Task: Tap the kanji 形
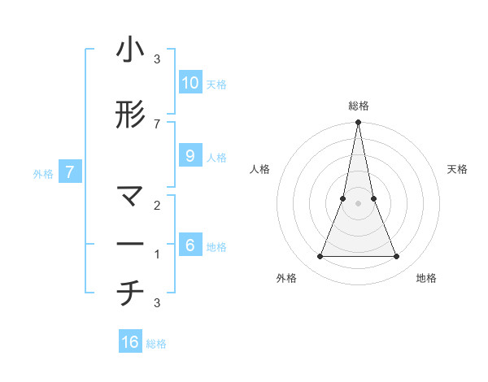click(x=130, y=115)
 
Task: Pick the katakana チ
click(x=130, y=293)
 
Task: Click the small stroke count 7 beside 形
click(x=157, y=124)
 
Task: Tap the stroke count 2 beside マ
click(x=157, y=205)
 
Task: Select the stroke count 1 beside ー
click(x=157, y=254)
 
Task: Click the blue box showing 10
click(x=190, y=82)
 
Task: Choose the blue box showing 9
click(x=190, y=155)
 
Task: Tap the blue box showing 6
click(x=190, y=245)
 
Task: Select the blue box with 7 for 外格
click(x=70, y=171)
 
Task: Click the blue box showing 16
click(x=130, y=342)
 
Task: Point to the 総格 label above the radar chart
click(x=358, y=106)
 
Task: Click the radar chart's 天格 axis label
click(x=457, y=169)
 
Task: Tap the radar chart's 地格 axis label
click(x=426, y=278)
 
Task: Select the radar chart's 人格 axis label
click(x=260, y=169)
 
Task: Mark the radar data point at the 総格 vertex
click(x=358, y=123)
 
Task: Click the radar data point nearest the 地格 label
click(x=396, y=257)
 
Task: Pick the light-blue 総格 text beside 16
click(x=156, y=344)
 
